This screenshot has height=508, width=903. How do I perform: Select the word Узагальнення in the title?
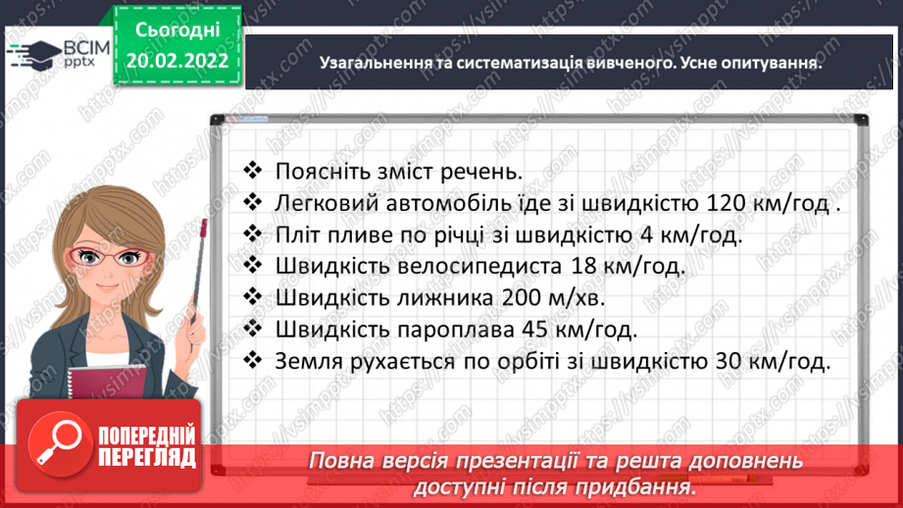(369, 62)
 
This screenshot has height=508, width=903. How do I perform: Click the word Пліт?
(297, 235)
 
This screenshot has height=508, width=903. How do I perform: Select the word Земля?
(308, 361)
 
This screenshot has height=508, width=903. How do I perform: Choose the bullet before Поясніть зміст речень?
(253, 172)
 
